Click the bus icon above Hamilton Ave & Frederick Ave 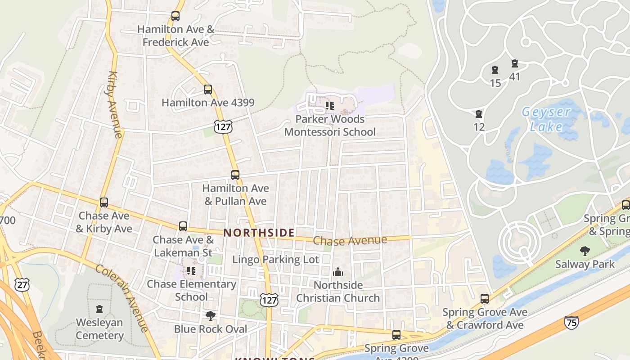(x=175, y=16)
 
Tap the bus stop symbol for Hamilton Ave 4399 (x=207, y=90)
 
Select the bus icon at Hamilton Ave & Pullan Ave (x=235, y=175)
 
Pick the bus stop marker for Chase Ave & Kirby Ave (x=104, y=202)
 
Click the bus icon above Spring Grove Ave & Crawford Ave (x=485, y=299)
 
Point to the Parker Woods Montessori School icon (x=330, y=106)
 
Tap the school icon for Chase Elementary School (x=191, y=271)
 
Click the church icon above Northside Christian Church (x=338, y=272)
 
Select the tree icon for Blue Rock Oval (x=210, y=316)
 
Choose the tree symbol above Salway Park (x=585, y=251)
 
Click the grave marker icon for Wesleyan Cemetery (x=99, y=310)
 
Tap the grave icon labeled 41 (x=515, y=64)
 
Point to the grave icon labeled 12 (x=479, y=114)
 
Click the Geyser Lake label (x=546, y=119)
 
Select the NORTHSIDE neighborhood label (x=259, y=233)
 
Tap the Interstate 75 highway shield (x=571, y=322)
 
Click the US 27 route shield (x=22, y=284)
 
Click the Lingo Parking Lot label (x=275, y=260)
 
